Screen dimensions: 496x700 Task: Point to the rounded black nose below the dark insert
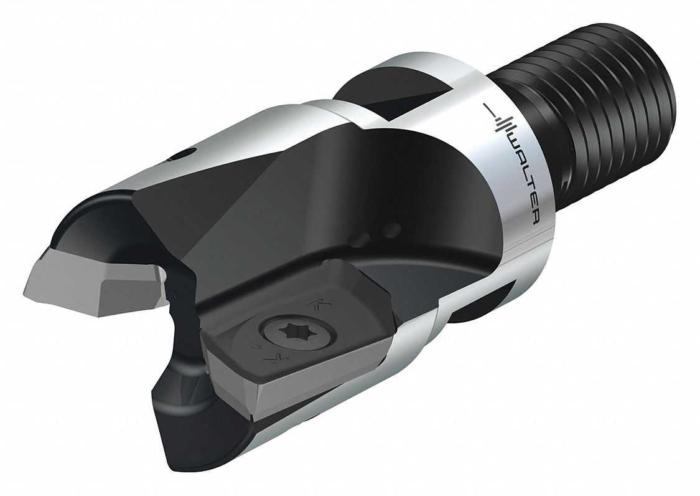[187, 399]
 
